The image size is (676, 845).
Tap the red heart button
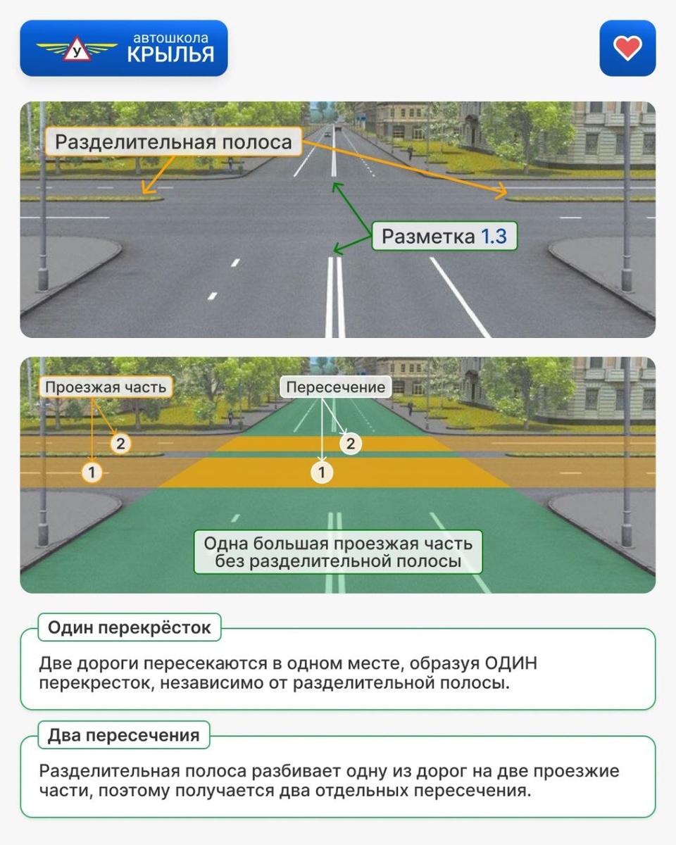[x=627, y=48]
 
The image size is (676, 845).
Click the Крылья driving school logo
[x=124, y=48]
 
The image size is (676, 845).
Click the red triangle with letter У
[x=77, y=51]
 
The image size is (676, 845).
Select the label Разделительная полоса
[x=173, y=142]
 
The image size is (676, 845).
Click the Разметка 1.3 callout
[x=444, y=237]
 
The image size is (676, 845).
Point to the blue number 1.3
[x=494, y=237]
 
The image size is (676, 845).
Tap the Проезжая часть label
[x=106, y=387]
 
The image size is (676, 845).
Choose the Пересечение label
[x=336, y=387]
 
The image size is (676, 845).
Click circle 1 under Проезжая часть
[x=92, y=472]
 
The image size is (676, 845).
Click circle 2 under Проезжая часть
[x=120, y=444]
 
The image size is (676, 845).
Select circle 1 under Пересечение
[x=322, y=472]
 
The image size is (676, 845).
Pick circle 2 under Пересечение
[x=351, y=444]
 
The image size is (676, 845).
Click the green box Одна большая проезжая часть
[x=338, y=552]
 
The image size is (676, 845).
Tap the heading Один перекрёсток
[x=130, y=627]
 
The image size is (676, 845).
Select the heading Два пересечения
[x=124, y=736]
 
